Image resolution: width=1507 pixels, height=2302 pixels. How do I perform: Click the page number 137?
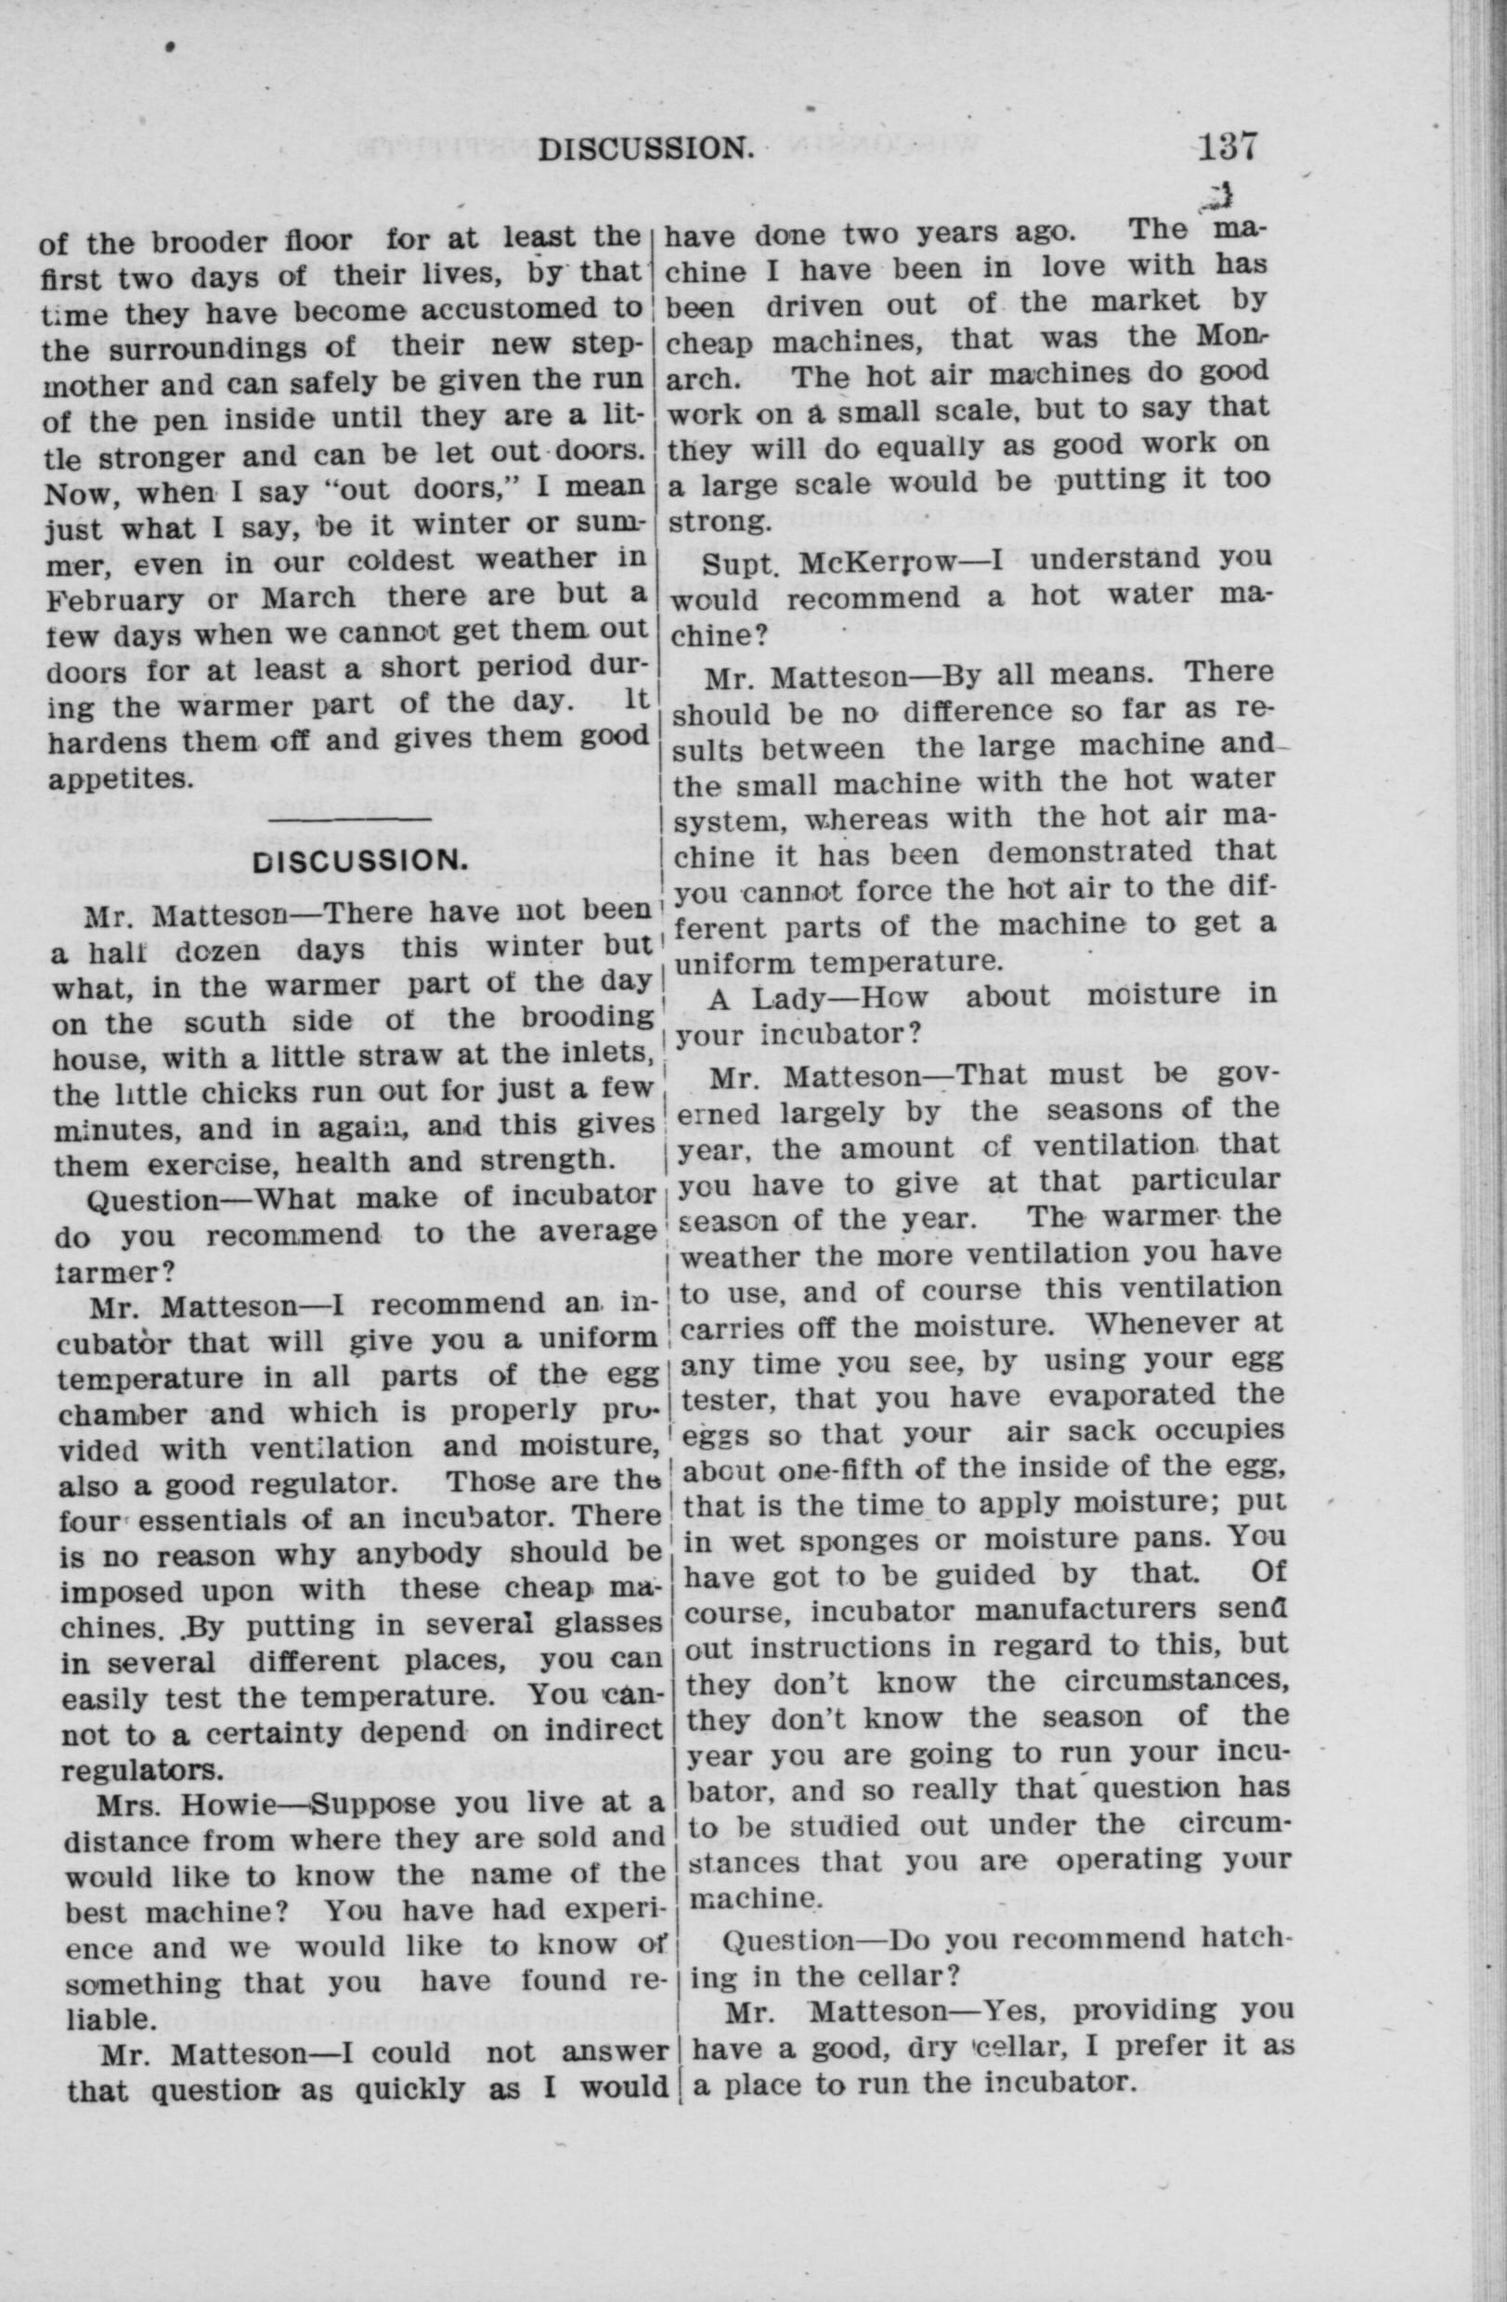pos(1227,148)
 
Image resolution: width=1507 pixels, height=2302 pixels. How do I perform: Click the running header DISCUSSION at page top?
pos(645,149)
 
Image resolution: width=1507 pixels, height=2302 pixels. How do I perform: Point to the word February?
pos(118,599)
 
